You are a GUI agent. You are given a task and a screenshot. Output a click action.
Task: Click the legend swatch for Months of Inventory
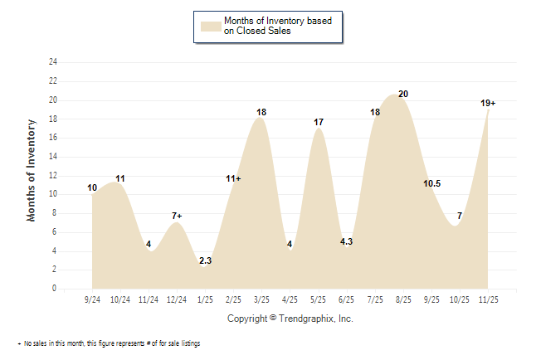[211, 25]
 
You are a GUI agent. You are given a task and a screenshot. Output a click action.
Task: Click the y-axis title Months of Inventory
[32, 169]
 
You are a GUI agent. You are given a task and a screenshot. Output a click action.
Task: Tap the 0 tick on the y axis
[55, 289]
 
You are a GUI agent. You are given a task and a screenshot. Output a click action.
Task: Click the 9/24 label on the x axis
[93, 299]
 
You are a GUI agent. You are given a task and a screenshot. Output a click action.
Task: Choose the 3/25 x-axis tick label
[261, 299]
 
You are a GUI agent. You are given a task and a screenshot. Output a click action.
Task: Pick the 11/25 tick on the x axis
[487, 299]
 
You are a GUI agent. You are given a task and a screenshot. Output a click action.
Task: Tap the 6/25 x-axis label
[346, 299]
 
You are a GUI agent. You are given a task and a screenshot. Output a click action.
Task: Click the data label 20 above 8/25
[403, 94]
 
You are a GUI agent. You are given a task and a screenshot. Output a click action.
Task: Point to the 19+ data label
[488, 103]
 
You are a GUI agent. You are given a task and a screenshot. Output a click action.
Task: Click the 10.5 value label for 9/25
[431, 183]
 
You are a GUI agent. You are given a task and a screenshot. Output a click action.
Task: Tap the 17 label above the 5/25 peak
[319, 122]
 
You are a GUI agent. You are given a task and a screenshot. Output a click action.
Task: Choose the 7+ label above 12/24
[177, 216]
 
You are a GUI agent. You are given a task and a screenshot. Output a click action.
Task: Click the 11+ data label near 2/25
[233, 178]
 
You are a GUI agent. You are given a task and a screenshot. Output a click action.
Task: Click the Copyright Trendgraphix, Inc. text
[290, 319]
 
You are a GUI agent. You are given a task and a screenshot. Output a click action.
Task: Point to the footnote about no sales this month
[108, 343]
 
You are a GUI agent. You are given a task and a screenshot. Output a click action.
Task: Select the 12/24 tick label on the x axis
[177, 299]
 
